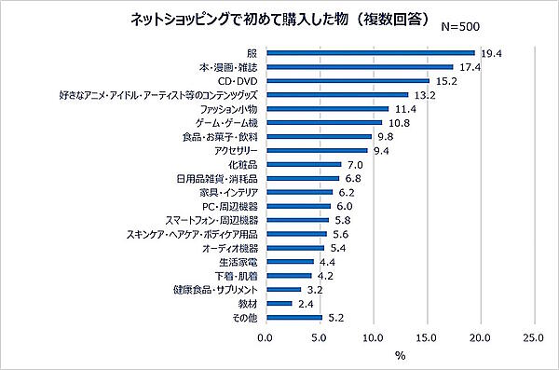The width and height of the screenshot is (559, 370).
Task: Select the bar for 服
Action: click(x=370, y=53)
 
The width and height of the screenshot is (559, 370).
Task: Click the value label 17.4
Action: click(x=468, y=67)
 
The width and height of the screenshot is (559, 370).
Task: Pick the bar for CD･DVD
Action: click(x=348, y=81)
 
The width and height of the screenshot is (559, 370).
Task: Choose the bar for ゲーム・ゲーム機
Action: click(x=323, y=122)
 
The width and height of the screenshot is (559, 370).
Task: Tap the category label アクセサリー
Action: click(x=237, y=150)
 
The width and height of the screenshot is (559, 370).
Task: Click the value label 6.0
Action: click(x=345, y=205)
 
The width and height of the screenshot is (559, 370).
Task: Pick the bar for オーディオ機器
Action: click(x=294, y=247)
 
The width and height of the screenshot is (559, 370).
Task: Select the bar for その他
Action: click(x=293, y=317)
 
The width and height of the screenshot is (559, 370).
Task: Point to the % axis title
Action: click(x=400, y=355)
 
